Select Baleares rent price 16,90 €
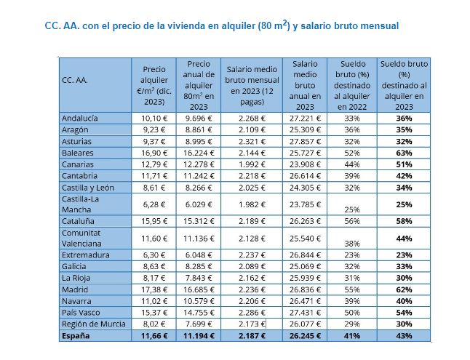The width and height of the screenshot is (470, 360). (154, 153)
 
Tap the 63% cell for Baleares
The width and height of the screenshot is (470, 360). (405, 153)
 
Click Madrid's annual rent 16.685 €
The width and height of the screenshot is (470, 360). (198, 290)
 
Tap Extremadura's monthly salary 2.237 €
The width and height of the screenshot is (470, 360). (249, 255)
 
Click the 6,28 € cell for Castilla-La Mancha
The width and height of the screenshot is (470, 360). (154, 204)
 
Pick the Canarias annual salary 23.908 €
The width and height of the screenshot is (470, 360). (305, 164)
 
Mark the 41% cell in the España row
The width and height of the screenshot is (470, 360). (352, 336)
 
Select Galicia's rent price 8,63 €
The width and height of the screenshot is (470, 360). (154, 267)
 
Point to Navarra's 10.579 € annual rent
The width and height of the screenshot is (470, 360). (198, 302)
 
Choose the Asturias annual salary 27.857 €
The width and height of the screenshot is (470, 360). (305, 142)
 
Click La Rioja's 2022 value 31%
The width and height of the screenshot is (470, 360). (352, 279)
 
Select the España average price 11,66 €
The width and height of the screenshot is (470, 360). (153, 336)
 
